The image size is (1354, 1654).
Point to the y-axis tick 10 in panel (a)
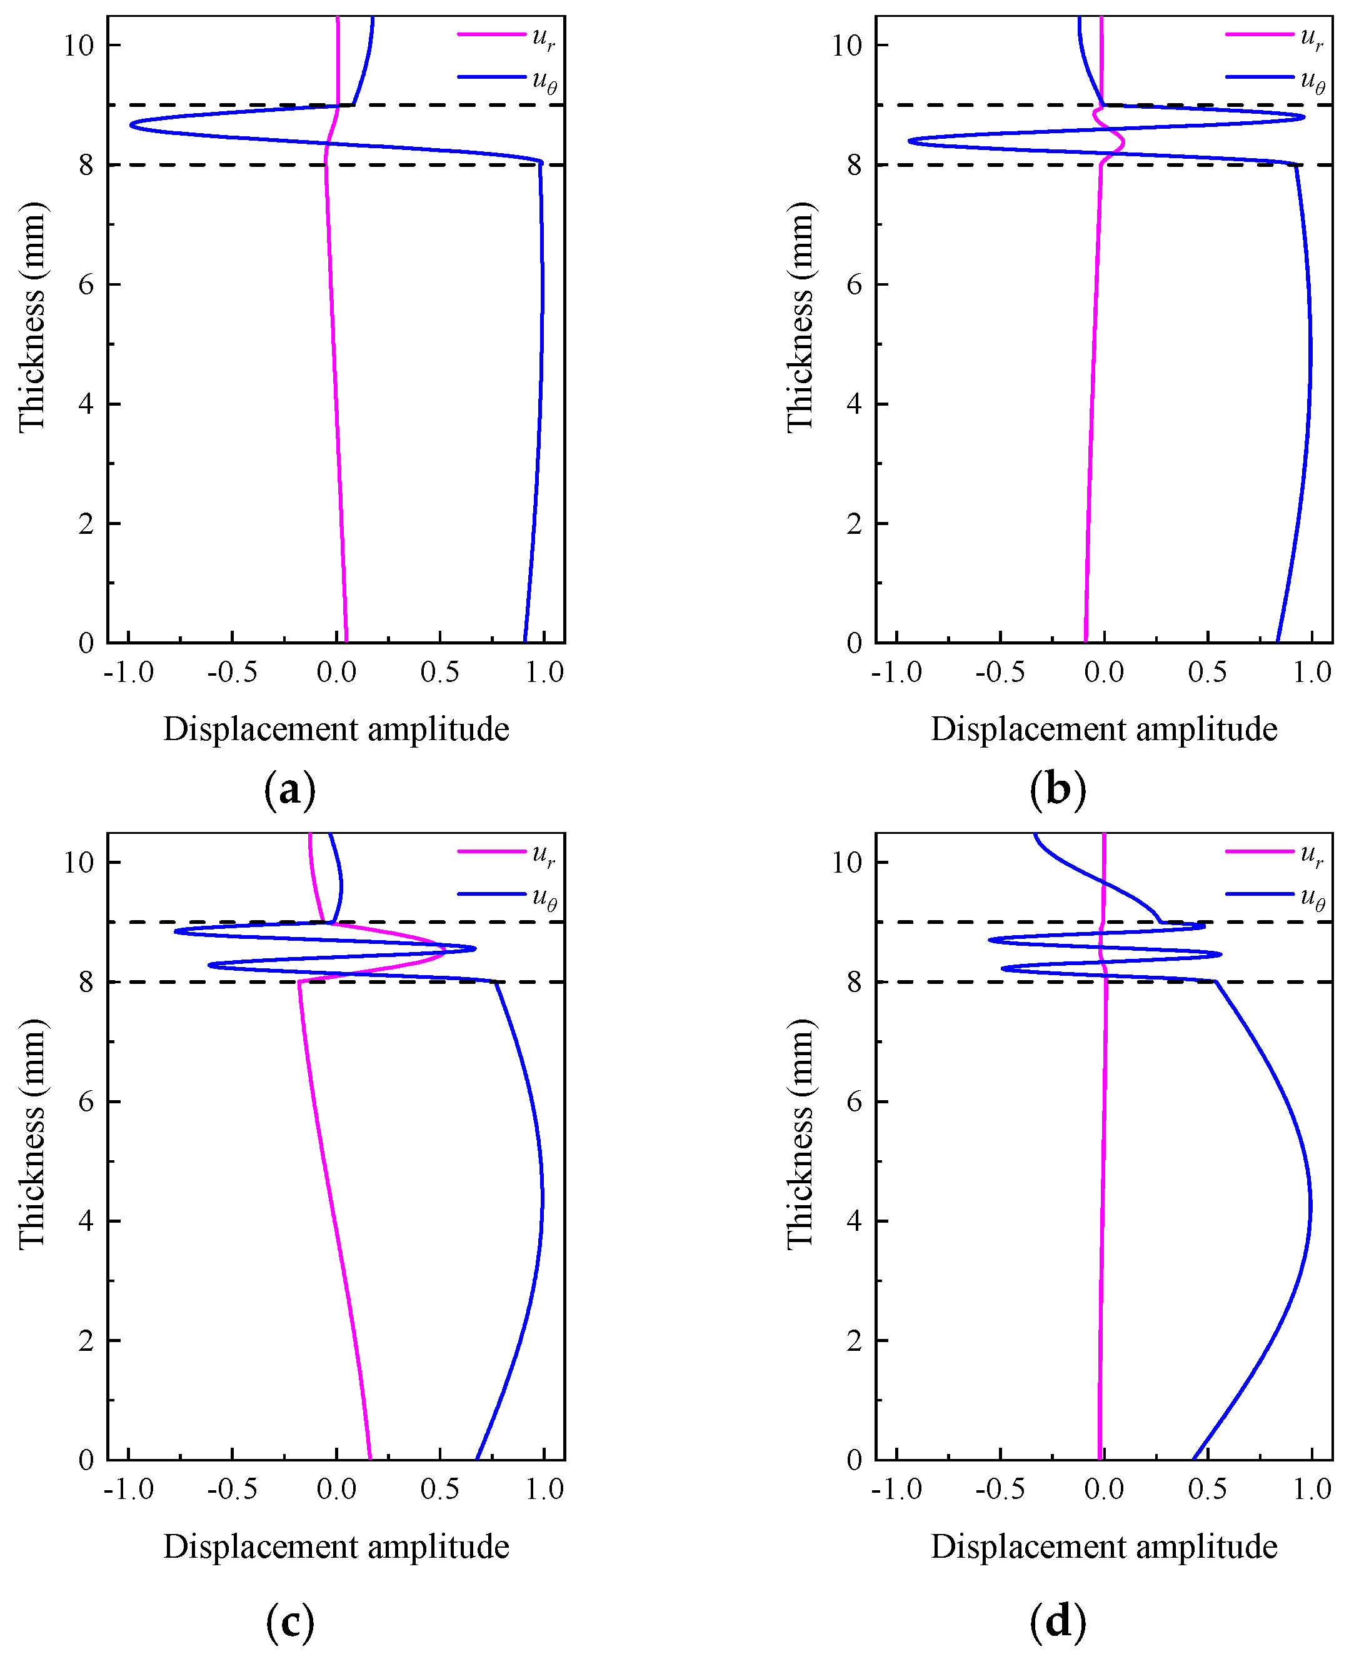tap(79, 45)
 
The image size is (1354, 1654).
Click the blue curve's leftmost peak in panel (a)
tap(131, 125)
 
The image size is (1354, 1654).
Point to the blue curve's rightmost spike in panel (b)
tap(1303, 118)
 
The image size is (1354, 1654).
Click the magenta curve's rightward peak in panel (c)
tap(444, 950)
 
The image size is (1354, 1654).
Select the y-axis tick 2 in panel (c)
tap(86, 1340)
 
